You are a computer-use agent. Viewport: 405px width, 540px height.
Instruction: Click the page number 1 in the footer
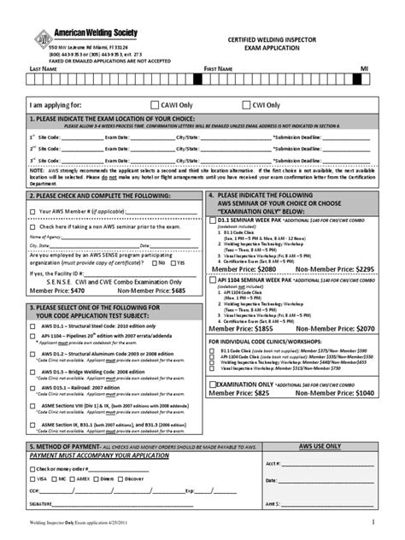373,521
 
